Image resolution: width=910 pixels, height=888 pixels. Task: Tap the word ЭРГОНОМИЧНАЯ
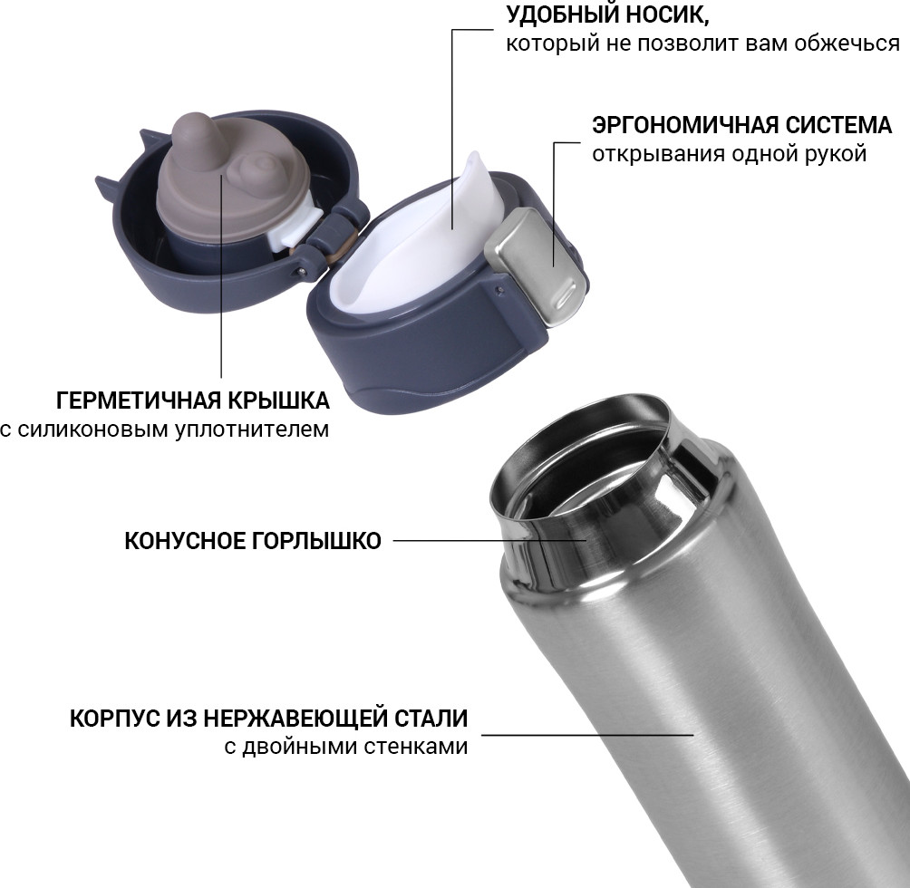(x=685, y=125)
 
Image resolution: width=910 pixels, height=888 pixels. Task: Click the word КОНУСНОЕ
(x=184, y=541)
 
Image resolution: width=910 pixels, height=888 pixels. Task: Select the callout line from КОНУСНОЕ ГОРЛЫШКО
(x=490, y=541)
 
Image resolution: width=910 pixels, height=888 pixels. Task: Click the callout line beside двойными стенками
(x=588, y=735)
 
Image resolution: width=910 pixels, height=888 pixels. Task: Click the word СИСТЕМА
(x=838, y=125)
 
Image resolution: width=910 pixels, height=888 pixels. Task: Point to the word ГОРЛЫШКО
(x=315, y=541)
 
